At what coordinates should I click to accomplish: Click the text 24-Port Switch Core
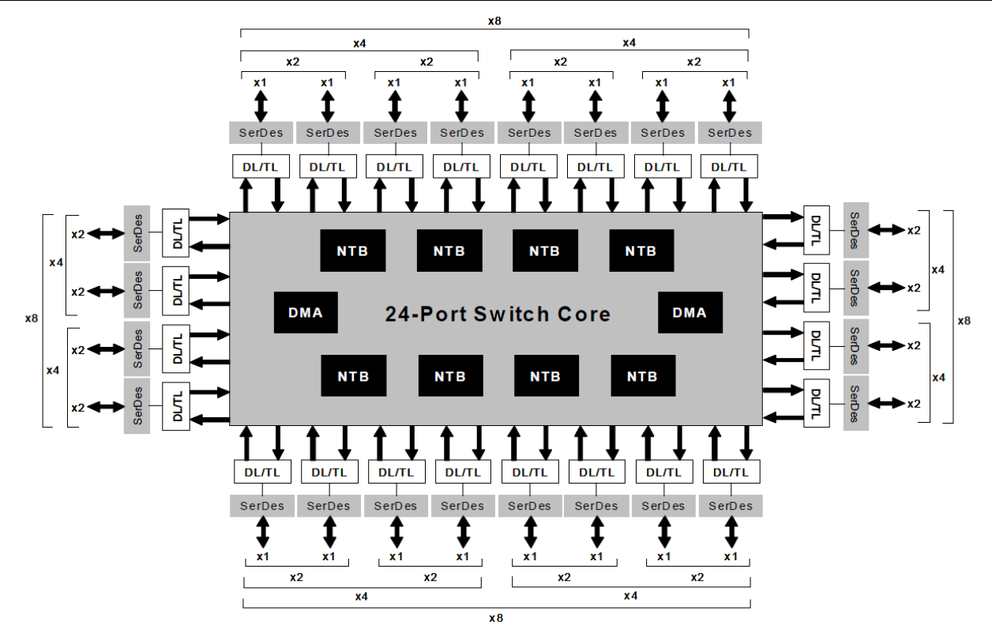(498, 314)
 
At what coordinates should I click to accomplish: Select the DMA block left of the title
(306, 312)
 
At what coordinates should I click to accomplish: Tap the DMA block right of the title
(690, 312)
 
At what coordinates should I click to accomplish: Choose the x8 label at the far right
(964, 321)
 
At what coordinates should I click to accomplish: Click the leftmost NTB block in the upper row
(353, 251)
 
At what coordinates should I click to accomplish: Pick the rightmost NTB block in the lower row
(642, 376)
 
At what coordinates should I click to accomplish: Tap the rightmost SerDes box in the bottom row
(731, 506)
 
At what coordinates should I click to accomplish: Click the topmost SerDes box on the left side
(137, 233)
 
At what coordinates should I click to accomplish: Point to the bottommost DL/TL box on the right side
(817, 404)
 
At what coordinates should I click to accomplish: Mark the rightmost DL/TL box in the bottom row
(731, 472)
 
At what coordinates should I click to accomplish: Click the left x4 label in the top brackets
(359, 42)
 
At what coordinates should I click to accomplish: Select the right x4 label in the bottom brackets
(629, 595)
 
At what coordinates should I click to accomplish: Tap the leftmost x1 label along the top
(261, 82)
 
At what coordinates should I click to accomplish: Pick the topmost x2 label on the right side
(914, 230)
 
